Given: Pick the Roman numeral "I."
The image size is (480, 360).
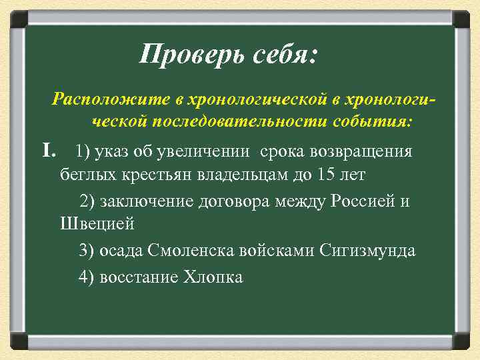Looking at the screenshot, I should [x=51, y=151].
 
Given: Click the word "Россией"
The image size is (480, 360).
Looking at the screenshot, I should [x=361, y=201].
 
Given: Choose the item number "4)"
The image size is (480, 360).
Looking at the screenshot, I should [x=87, y=277].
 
